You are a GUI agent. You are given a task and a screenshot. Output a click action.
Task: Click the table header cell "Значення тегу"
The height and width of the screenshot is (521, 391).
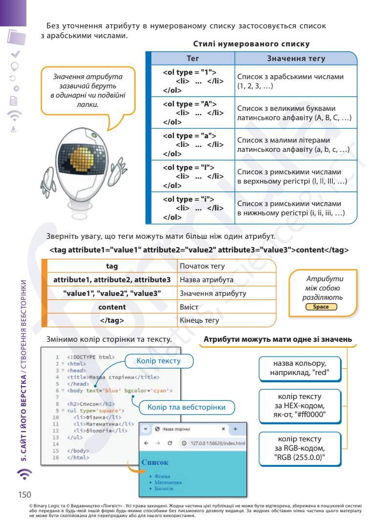coord(296,59)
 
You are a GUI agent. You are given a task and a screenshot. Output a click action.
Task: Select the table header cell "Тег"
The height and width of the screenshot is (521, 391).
coord(193,59)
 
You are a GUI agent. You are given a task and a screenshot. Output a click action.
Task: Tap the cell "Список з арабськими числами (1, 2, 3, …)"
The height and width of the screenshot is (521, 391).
coord(296,81)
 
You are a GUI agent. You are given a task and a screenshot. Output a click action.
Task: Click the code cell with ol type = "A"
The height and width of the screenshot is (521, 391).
coord(193,113)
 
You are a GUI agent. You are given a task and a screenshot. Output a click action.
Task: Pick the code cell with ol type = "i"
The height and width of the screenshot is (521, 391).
coord(193,208)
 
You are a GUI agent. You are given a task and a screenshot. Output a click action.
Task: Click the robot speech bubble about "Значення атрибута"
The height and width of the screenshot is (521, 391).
coord(87,91)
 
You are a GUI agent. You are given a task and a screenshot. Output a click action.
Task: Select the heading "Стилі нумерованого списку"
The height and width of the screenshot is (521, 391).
coord(251,44)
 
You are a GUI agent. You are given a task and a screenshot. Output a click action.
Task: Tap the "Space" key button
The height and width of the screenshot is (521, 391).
coord(321,307)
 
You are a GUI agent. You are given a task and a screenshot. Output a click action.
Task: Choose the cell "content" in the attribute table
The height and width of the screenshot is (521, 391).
coord(112,307)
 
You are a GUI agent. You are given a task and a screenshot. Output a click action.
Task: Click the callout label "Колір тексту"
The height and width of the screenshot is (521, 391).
coord(159,361)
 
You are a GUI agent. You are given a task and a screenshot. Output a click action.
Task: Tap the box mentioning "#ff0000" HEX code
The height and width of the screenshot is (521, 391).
coord(299,406)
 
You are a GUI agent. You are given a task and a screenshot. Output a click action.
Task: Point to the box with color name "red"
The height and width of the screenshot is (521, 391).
coord(299,369)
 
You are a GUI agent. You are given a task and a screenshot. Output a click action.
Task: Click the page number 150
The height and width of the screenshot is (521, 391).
coord(25,494)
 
